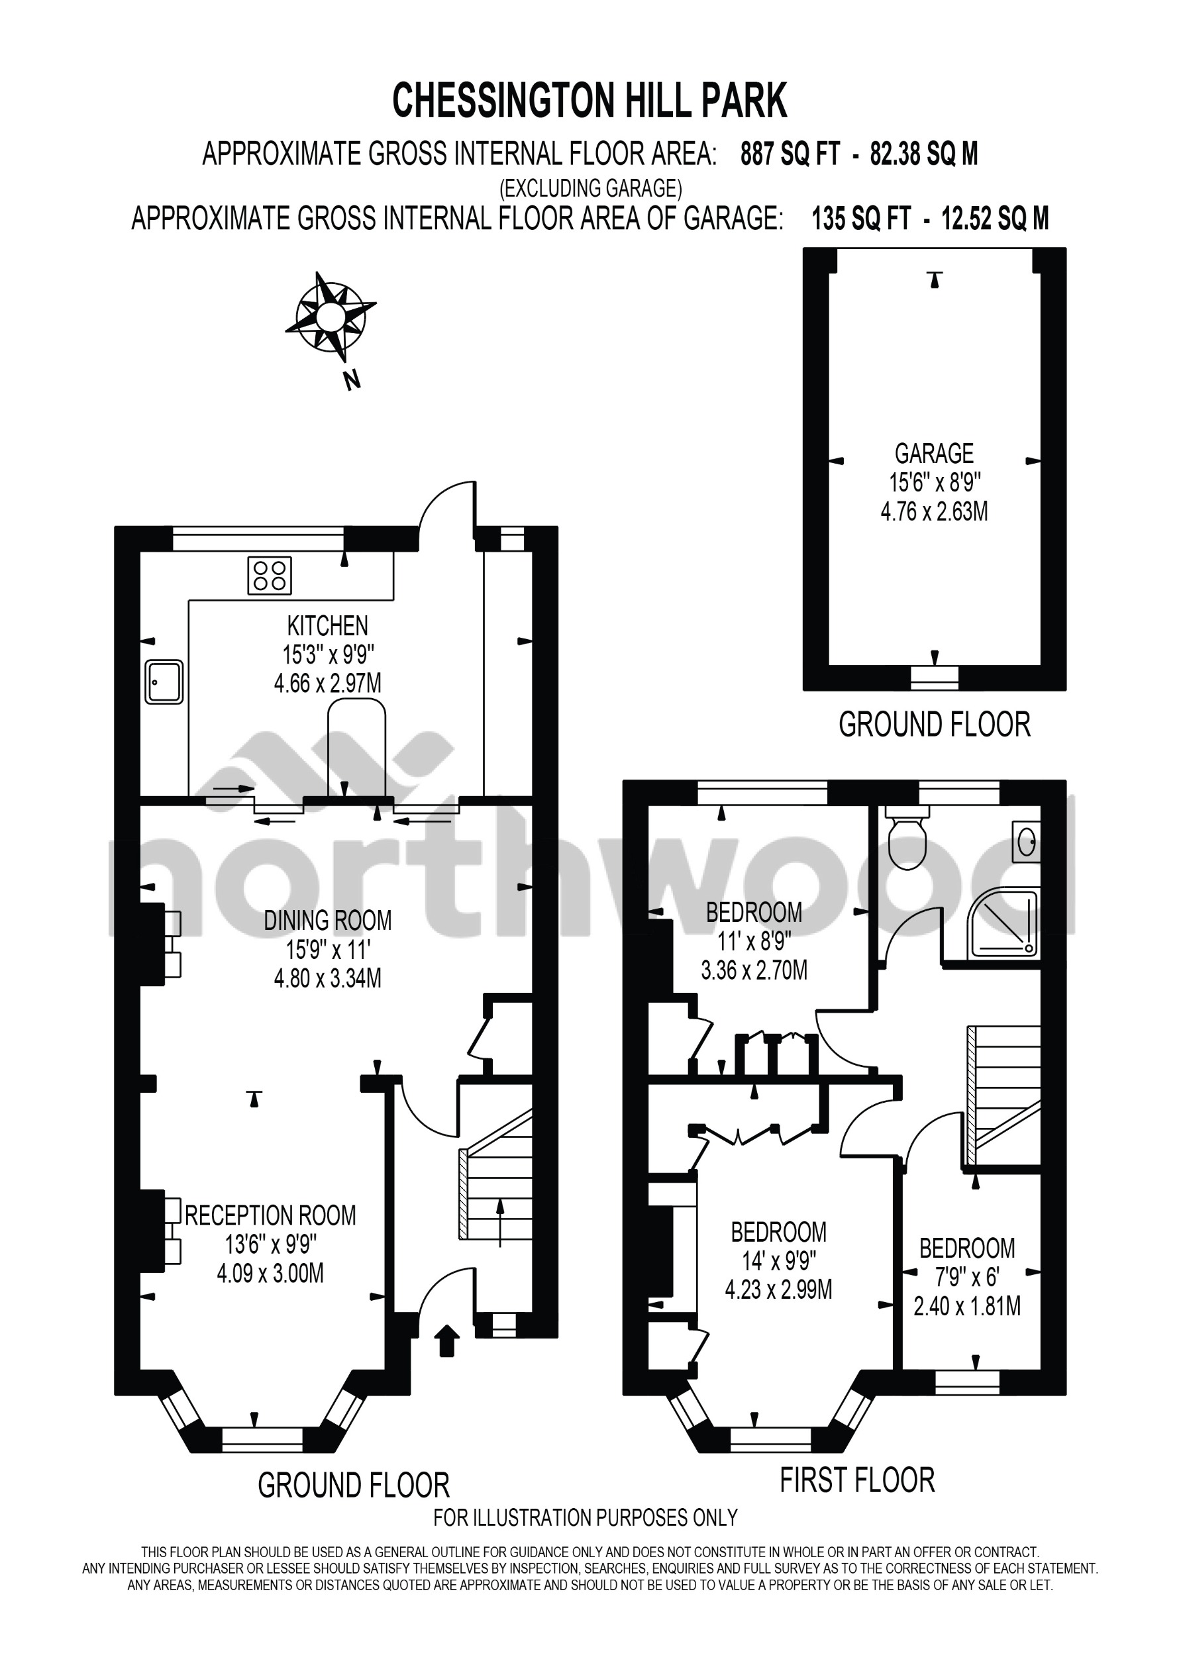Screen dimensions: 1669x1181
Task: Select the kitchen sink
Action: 164,682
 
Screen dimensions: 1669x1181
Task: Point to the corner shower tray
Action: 1003,924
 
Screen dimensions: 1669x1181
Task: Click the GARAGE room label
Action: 934,454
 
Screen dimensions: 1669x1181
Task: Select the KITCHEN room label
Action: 327,625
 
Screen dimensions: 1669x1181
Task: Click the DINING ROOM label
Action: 327,921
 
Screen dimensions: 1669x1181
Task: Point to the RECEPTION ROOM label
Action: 270,1215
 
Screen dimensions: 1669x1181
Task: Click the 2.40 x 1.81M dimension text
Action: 966,1307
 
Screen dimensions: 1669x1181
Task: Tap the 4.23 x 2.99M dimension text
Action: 778,1290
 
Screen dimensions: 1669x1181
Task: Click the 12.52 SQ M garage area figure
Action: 995,218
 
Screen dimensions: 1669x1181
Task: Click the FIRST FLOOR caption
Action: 856,1480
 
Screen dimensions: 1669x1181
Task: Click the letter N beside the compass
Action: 352,379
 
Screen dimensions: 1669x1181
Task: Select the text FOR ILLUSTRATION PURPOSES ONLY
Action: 586,1518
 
